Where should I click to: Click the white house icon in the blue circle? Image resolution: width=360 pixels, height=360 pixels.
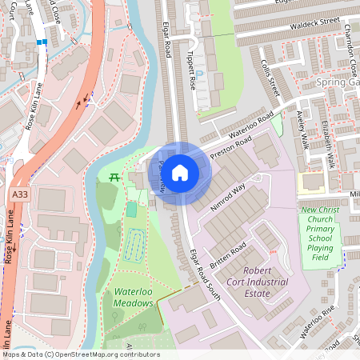pyautogui.click(x=180, y=172)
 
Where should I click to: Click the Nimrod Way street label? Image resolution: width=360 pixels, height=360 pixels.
pyautogui.click(x=228, y=196)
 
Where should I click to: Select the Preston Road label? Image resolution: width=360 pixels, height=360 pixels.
pyautogui.click(x=230, y=148)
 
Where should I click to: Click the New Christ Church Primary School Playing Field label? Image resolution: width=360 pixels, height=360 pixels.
pyautogui.click(x=321, y=233)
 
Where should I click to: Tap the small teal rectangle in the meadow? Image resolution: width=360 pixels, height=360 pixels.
pyautogui.click(x=131, y=210)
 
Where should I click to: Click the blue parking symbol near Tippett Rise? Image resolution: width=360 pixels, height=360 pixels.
pyautogui.click(x=200, y=74)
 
